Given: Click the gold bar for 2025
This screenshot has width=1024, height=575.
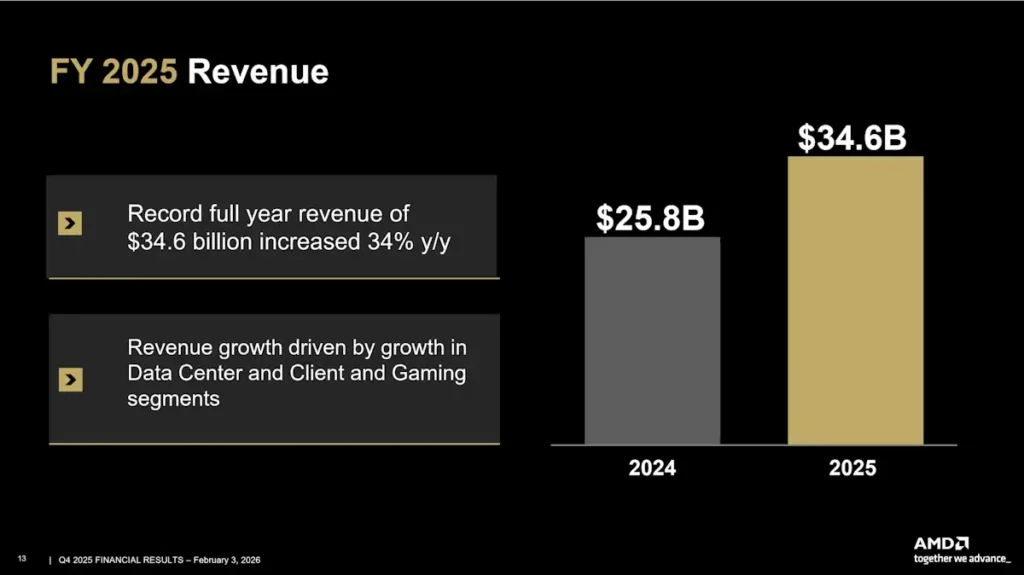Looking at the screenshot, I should (x=855, y=300).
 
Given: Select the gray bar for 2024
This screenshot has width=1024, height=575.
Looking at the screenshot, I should (x=652, y=340).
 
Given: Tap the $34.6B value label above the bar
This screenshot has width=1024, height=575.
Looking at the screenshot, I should (x=852, y=138).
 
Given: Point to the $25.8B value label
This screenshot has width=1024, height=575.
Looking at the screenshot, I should (x=651, y=218).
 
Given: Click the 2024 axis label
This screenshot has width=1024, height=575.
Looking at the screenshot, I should (x=652, y=468).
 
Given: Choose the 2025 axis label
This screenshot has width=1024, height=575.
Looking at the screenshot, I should (x=852, y=468).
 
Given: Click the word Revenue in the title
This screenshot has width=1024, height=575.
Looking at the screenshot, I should (x=258, y=72).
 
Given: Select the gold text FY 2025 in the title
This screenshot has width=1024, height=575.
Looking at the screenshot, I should (x=114, y=72).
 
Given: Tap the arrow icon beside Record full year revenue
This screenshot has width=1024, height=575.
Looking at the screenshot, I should (x=70, y=224).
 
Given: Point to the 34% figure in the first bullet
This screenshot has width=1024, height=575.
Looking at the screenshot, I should (x=376, y=241).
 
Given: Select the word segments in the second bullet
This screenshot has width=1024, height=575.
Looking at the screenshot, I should (x=174, y=398).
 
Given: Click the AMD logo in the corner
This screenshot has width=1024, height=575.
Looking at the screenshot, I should (x=940, y=543).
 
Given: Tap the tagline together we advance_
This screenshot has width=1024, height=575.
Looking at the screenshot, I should (x=962, y=557).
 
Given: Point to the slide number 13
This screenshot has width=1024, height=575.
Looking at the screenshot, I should (x=21, y=558).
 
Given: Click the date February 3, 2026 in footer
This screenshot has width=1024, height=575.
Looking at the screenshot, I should (x=227, y=558).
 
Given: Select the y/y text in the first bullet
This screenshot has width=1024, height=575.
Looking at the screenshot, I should (x=432, y=241).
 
